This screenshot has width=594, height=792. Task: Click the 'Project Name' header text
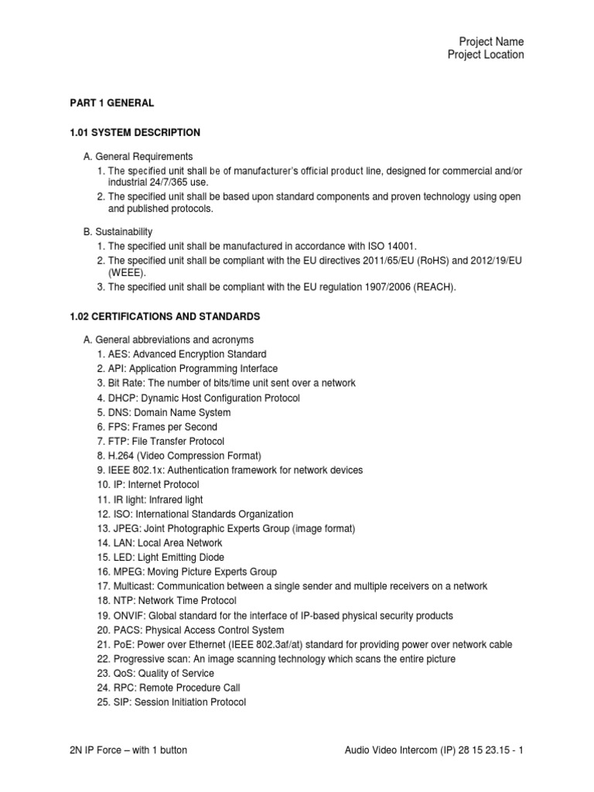coord(491,41)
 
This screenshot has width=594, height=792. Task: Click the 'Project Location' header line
coord(485,55)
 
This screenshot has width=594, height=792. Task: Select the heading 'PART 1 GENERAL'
coord(112,103)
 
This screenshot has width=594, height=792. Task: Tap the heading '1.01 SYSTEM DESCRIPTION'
coord(135,132)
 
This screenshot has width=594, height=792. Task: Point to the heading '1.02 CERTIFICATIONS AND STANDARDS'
coord(165,317)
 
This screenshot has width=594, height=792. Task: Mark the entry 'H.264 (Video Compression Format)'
coord(179,456)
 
